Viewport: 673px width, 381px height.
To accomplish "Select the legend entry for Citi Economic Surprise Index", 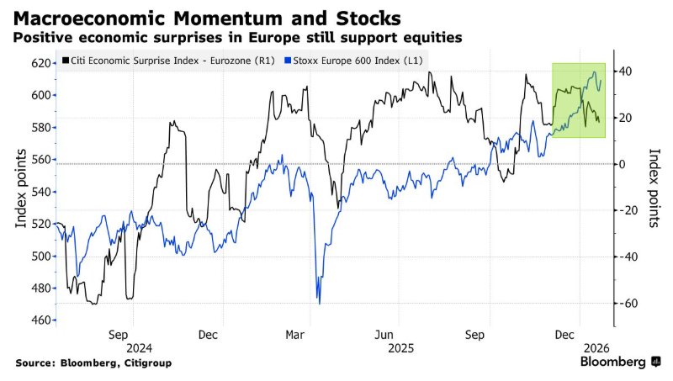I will pos(164,61).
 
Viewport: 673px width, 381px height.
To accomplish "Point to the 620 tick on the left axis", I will pos(40,63).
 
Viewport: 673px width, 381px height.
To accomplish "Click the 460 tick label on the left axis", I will pos(40,320).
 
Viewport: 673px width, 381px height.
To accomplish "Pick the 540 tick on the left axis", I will pos(40,192).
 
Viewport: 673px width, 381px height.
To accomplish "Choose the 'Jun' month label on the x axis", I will pos(386,333).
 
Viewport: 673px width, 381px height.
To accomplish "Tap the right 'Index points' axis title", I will pos(654,188).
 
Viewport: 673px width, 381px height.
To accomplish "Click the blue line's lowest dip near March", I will pos(319,302).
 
